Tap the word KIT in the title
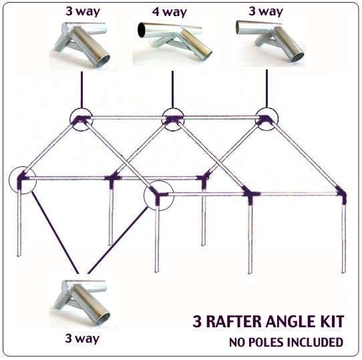pos(331,322)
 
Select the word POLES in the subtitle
pos(275,343)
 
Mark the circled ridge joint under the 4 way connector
pos(172,119)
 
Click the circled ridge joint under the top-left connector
pos(81,120)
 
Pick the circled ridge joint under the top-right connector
pos(265,119)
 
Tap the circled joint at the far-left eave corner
pos(24,178)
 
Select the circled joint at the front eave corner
pos(159,194)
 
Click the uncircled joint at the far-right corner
pos(343,195)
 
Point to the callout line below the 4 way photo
pos(173,87)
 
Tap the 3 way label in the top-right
pos(265,11)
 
